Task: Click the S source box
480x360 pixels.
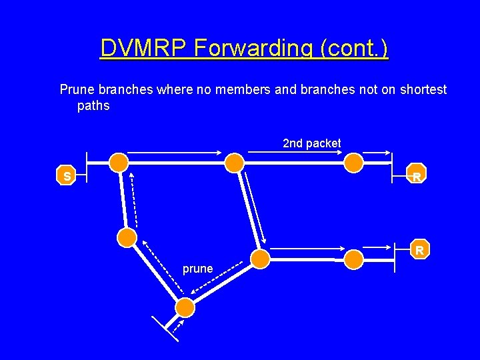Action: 67,176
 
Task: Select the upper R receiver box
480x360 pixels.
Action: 416,176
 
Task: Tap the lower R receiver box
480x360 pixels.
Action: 419,250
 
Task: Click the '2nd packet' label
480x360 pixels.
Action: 311,143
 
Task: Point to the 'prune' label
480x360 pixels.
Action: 198,269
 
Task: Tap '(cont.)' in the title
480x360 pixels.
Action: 355,48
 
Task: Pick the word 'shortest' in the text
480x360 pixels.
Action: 423,89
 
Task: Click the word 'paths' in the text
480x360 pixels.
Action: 93,105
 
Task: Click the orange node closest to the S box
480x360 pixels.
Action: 119,161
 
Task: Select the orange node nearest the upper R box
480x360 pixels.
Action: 353,162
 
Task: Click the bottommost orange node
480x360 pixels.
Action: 185,307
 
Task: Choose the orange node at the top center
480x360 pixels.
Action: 234,162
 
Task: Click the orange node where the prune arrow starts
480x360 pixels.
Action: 261,259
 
